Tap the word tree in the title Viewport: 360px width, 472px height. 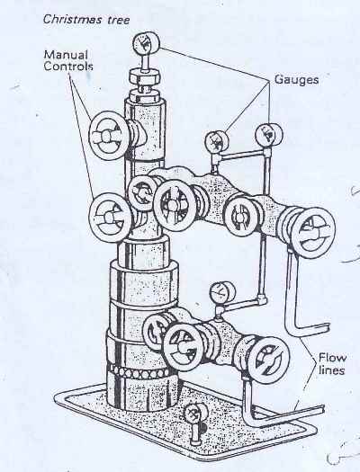(119, 20)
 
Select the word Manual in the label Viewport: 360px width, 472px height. (66, 55)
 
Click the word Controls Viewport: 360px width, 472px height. (68, 66)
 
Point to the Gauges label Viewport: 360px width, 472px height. (296, 80)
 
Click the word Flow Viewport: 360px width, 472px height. (333, 358)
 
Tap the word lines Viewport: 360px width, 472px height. (331, 370)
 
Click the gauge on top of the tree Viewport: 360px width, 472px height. (146, 44)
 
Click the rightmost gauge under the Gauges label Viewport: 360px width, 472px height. (269, 135)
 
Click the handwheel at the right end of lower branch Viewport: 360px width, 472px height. (267, 360)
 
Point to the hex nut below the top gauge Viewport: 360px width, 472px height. (144, 78)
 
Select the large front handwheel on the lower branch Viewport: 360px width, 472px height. (184, 348)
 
